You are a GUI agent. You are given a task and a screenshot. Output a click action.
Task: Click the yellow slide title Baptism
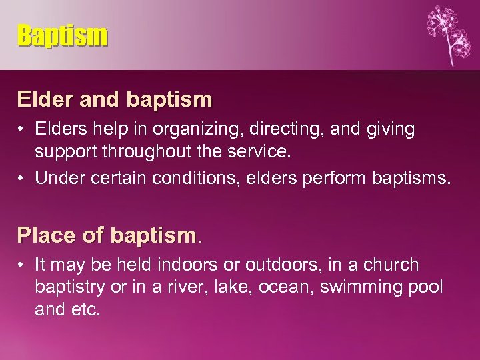(x=62, y=35)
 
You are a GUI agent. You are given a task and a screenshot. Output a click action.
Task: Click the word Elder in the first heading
(x=45, y=100)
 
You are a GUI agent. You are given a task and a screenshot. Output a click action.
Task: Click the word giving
(x=387, y=129)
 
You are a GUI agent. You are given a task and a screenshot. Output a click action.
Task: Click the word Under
(x=57, y=177)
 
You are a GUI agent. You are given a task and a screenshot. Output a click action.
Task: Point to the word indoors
(x=183, y=265)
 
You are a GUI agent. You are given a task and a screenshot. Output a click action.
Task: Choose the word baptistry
(x=69, y=287)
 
